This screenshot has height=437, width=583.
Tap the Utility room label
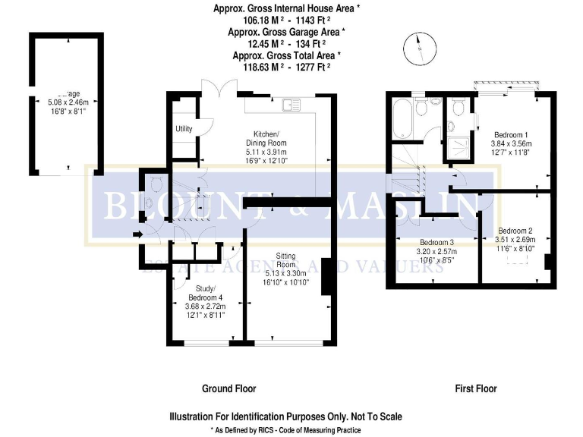coord(184,129)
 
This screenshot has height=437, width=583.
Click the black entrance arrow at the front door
coord(137,235)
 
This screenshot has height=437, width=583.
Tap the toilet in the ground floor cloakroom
coord(154,183)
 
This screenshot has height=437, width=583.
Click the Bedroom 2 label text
coord(515,230)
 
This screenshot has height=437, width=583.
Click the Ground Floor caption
coord(228,388)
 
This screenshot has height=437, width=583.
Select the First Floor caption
coord(475,388)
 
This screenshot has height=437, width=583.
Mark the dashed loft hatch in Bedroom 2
coord(518,257)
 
